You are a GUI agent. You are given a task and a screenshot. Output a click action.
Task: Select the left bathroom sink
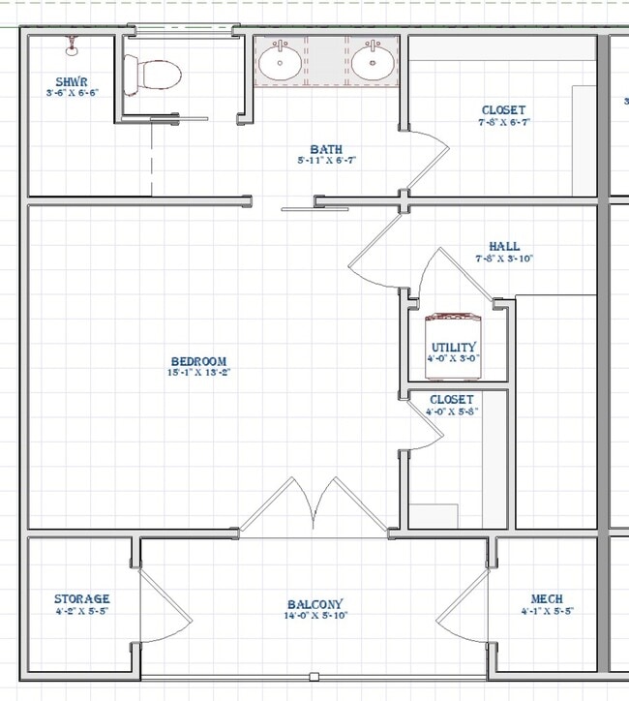point(280,63)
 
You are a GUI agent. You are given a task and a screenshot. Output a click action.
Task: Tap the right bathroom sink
point(371,63)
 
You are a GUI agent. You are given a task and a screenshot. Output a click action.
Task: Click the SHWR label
point(73,81)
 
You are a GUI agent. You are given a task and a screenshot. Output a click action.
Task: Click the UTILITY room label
point(454,348)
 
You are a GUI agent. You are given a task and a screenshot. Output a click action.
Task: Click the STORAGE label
point(81,599)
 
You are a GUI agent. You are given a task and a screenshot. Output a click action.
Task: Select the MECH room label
point(547,599)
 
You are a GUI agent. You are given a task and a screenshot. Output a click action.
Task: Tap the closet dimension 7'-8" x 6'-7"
point(504,123)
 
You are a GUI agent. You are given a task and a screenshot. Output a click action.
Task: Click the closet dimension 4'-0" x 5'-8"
point(452,411)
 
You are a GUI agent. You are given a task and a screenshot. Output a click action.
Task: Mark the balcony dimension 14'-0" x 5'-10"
point(314,615)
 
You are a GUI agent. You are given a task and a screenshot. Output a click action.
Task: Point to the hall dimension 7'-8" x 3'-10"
point(504,259)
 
